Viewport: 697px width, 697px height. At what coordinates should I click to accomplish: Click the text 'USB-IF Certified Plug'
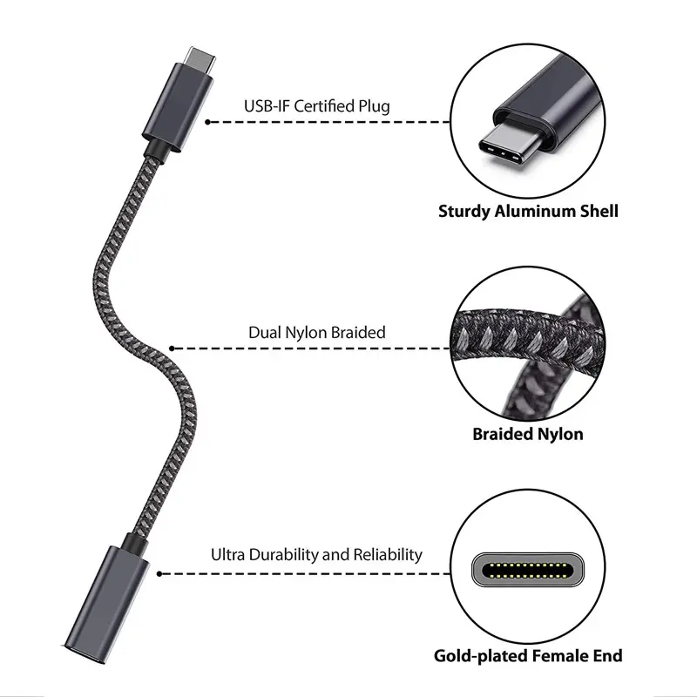tap(317, 106)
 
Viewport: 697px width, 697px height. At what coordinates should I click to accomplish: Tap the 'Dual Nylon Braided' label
tap(317, 333)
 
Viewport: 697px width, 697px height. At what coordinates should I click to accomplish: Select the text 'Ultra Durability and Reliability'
tap(316, 555)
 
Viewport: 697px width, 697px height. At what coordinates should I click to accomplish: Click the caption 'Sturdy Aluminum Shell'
tap(528, 211)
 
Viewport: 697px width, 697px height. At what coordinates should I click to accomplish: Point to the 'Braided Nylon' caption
tap(528, 434)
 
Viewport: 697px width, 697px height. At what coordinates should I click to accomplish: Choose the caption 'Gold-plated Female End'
tap(528, 656)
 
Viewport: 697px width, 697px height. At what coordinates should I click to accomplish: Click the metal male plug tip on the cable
tap(200, 59)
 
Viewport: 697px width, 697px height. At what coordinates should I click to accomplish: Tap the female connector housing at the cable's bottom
tap(106, 605)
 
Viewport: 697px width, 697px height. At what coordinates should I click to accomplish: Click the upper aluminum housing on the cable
tap(178, 106)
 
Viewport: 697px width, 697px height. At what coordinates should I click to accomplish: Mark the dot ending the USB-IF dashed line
tap(207, 122)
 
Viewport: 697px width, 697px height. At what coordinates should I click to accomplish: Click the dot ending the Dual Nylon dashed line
tap(172, 348)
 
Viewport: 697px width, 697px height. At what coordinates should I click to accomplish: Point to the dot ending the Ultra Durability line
tap(159, 574)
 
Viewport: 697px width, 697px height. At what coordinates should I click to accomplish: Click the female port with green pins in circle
tap(528, 570)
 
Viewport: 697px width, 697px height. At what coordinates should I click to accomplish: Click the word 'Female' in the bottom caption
tap(560, 656)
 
